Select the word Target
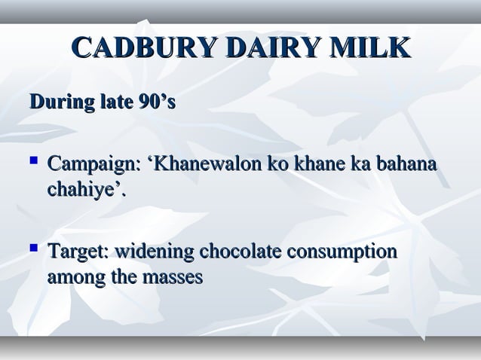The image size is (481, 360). coord(78,250)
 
